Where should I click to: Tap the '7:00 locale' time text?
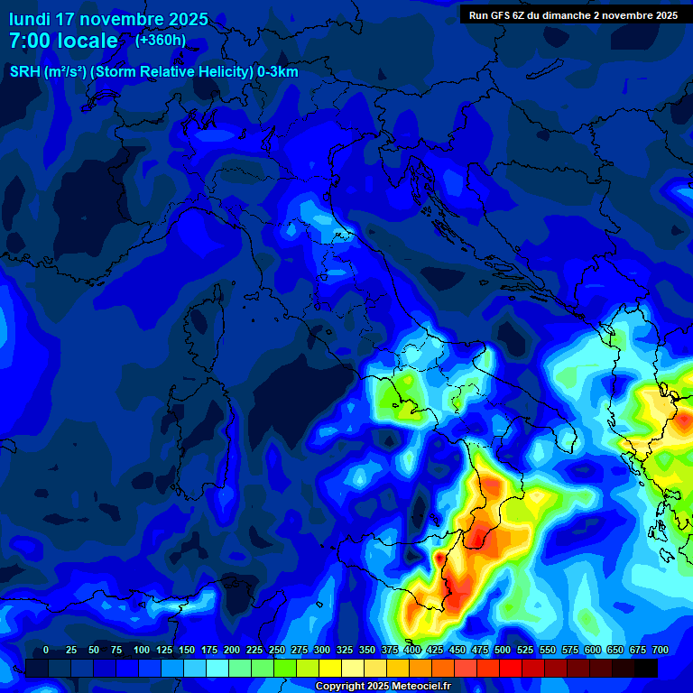(63, 41)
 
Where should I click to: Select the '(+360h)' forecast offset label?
(161, 40)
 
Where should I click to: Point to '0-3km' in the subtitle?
(278, 72)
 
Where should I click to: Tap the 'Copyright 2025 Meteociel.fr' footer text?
(383, 687)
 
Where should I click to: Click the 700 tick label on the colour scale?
(661, 651)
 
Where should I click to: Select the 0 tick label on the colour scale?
(46, 651)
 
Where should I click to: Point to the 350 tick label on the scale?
(367, 651)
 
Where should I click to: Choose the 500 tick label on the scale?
(503, 651)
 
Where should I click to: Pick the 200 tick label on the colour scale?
(232, 651)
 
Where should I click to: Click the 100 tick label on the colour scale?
(142, 651)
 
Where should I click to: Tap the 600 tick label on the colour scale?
(593, 651)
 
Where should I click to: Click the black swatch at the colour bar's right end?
(646, 668)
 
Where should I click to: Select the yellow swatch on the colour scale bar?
(330, 668)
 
